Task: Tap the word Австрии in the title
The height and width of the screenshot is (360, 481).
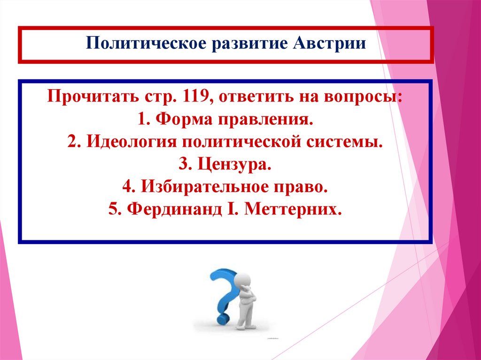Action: click(x=331, y=44)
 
